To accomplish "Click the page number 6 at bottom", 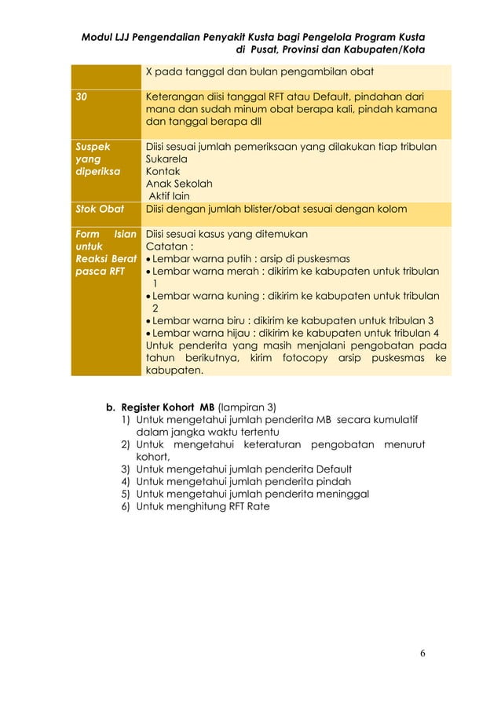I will point(422,652).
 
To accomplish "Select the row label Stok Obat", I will point(93,209).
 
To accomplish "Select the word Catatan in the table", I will point(168,246).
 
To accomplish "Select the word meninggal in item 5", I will point(342,494).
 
